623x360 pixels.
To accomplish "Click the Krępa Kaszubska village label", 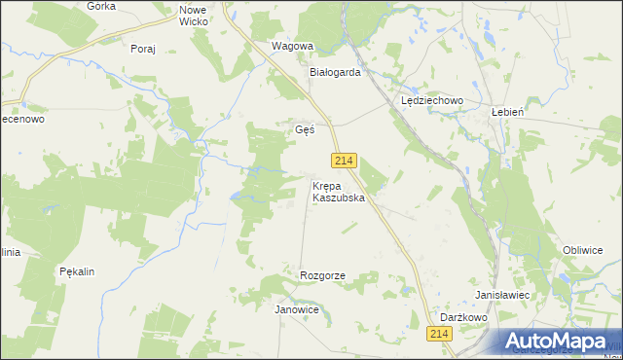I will pyautogui.click(x=338, y=191).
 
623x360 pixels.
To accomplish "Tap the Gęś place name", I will pyautogui.click(x=305, y=129).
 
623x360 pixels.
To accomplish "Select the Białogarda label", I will pyautogui.click(x=336, y=72).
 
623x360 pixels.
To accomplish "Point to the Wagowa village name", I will pyautogui.click(x=292, y=46).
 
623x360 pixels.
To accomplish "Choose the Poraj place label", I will pyautogui.click(x=142, y=49).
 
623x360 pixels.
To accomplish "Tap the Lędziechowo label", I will pyautogui.click(x=431, y=100).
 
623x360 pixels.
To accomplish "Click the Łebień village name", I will pyautogui.click(x=508, y=112).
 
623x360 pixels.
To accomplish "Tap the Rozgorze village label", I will pyautogui.click(x=322, y=276).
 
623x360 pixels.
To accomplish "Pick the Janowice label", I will pyautogui.click(x=297, y=308).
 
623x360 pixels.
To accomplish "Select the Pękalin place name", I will pyautogui.click(x=76, y=271).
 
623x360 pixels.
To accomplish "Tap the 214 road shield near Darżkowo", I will pyautogui.click(x=439, y=334).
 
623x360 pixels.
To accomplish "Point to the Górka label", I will pyautogui.click(x=101, y=5).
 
